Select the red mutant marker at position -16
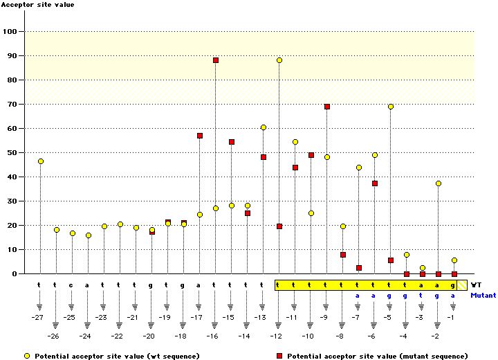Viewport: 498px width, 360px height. [x=216, y=60]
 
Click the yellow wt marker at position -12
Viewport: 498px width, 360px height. [x=279, y=60]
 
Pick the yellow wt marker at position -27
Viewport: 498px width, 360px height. [x=41, y=161]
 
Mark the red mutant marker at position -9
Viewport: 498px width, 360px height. [x=327, y=107]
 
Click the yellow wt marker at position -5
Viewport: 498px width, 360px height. [x=391, y=107]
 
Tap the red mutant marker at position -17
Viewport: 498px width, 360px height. [x=200, y=136]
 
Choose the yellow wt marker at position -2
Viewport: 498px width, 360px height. [x=439, y=183]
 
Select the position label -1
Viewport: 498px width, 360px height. [x=452, y=317]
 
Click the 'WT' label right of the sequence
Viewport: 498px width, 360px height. [x=476, y=285]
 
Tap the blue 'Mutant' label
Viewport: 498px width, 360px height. [x=483, y=295]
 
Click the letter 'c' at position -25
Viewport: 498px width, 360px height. [x=71, y=285]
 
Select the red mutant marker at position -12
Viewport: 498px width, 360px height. [x=279, y=226]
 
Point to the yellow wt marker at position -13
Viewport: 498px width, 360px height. [x=264, y=127]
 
